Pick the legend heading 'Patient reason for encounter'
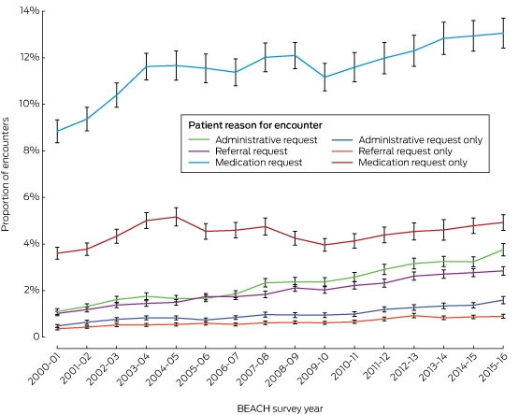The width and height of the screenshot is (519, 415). [x=255, y=125]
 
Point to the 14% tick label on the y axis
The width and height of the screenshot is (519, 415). [x=30, y=11]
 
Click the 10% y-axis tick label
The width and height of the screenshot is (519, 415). [x=30, y=104]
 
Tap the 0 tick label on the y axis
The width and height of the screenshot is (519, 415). [x=36, y=336]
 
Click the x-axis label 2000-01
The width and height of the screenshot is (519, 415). [x=44, y=368]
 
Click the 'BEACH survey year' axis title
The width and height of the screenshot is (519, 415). [x=280, y=408]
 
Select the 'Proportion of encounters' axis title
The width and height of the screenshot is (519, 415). [x=6, y=175]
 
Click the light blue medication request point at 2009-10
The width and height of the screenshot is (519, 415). [x=324, y=77]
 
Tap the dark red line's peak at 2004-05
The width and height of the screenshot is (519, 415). [x=176, y=217]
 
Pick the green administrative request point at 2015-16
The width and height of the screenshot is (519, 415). [x=503, y=250]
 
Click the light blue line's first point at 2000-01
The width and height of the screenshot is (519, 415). [x=57, y=131]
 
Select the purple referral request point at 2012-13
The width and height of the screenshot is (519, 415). [x=413, y=276]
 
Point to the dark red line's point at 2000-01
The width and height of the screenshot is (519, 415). [x=57, y=253]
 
